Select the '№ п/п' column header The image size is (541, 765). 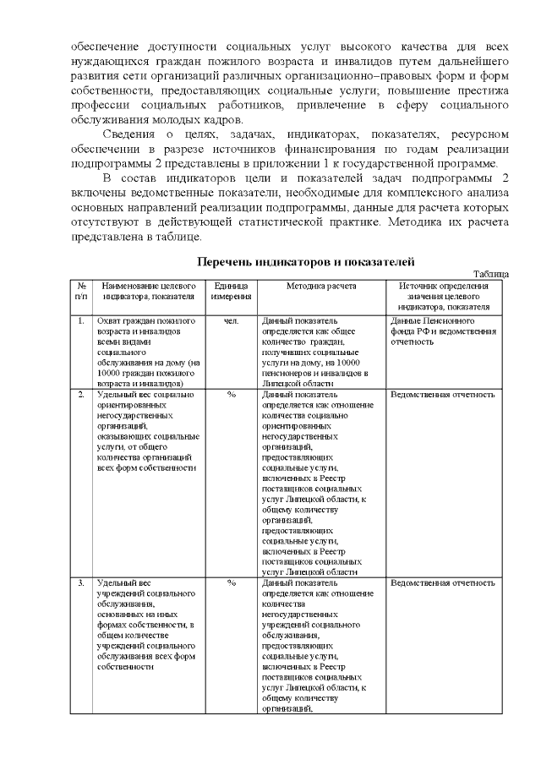80,291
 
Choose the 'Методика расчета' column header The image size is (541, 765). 320,286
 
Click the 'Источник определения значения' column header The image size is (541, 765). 444,296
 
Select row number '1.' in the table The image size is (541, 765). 80,322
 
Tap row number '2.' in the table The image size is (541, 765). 80,395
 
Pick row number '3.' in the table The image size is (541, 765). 80,583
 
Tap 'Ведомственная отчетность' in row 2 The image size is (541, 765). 443,395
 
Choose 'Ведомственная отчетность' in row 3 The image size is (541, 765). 443,583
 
